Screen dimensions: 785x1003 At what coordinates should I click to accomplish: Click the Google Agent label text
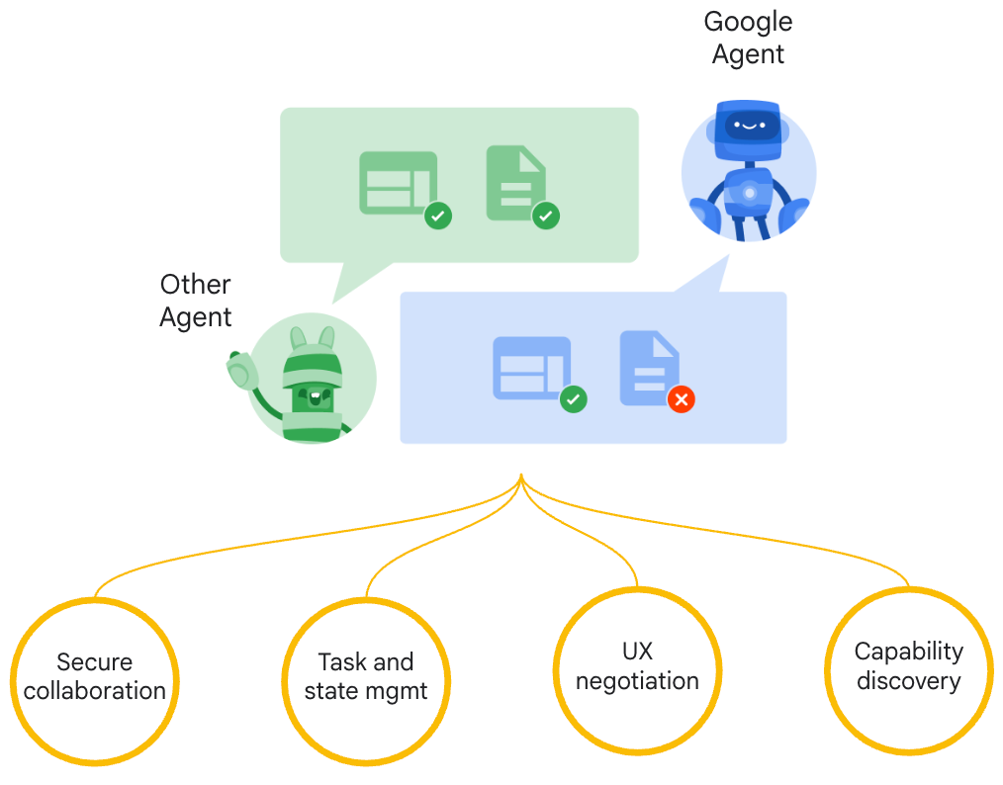pyautogui.click(x=748, y=38)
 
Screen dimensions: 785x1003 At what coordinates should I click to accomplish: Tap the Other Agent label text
pyautogui.click(x=196, y=301)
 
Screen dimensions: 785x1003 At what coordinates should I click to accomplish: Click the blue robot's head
pyautogui.click(x=749, y=126)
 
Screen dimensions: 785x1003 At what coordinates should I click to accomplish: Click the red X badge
pyautogui.click(x=681, y=399)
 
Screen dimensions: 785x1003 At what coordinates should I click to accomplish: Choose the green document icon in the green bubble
pyautogui.click(x=515, y=182)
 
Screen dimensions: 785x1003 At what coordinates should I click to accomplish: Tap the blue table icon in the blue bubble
pyautogui.click(x=531, y=368)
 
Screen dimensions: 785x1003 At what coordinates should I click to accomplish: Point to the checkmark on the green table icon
pyautogui.click(x=438, y=216)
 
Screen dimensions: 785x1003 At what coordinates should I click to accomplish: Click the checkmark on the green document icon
pyautogui.click(x=546, y=216)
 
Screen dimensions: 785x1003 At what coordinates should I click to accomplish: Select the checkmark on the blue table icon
pyautogui.click(x=573, y=399)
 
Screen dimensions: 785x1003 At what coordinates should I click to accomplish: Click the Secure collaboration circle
pyautogui.click(x=95, y=677)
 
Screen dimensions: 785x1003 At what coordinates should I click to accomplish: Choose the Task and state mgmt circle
pyautogui.click(x=366, y=677)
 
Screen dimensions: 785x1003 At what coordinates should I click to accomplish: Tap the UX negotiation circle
pyautogui.click(x=637, y=667)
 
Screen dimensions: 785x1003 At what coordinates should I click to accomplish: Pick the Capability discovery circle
pyautogui.click(x=908, y=667)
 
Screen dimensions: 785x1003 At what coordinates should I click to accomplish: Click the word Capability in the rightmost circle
pyautogui.click(x=908, y=652)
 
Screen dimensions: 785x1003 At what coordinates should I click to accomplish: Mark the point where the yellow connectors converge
pyautogui.click(x=520, y=480)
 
